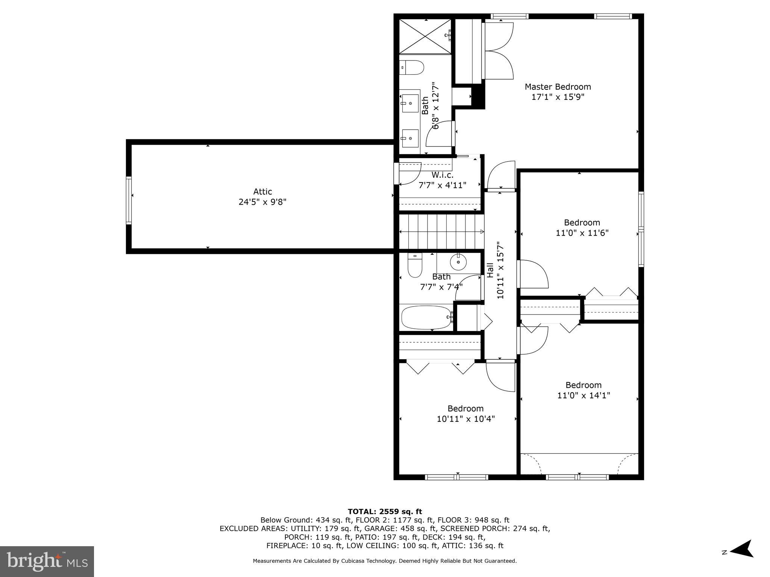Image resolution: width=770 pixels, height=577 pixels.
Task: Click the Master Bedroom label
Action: [x=558, y=87]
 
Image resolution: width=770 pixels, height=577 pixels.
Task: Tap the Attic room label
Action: [x=262, y=192]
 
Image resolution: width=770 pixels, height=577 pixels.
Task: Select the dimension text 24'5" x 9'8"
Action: [x=262, y=202]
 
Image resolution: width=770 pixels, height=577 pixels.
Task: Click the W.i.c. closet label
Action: [x=442, y=175]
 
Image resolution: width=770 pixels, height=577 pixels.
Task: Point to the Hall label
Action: [x=490, y=270]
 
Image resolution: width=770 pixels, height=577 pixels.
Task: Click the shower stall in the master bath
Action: [x=425, y=36]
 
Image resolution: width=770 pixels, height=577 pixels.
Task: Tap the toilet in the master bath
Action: [x=412, y=67]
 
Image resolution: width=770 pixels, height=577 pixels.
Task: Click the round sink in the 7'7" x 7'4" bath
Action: [x=458, y=262]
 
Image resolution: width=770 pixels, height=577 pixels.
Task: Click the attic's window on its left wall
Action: [x=129, y=200]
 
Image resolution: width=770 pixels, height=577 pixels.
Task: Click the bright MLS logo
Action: [x=47, y=561]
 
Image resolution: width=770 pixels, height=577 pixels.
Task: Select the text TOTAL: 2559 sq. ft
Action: [x=385, y=511]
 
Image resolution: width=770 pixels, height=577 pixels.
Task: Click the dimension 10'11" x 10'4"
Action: [x=465, y=419]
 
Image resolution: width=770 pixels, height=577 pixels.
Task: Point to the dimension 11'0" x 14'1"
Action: [x=584, y=395]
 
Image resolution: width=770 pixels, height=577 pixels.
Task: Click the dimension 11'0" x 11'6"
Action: [x=582, y=233]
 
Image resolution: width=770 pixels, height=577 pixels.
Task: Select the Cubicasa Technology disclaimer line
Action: [x=385, y=561]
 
